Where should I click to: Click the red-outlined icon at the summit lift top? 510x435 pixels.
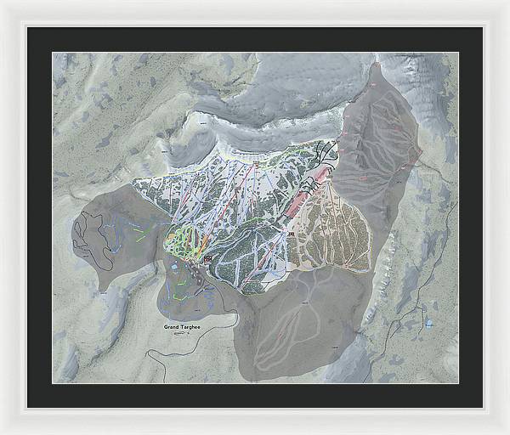(x=257, y=158)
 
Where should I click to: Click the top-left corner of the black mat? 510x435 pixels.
(x=28, y=28)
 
